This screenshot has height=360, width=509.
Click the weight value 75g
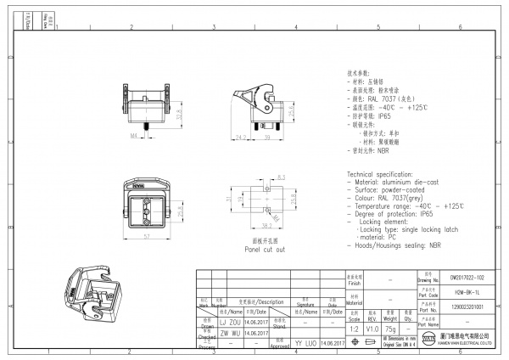pyautogui.click(x=389, y=327)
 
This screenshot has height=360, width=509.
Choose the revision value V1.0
pyautogui.click(x=372, y=327)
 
